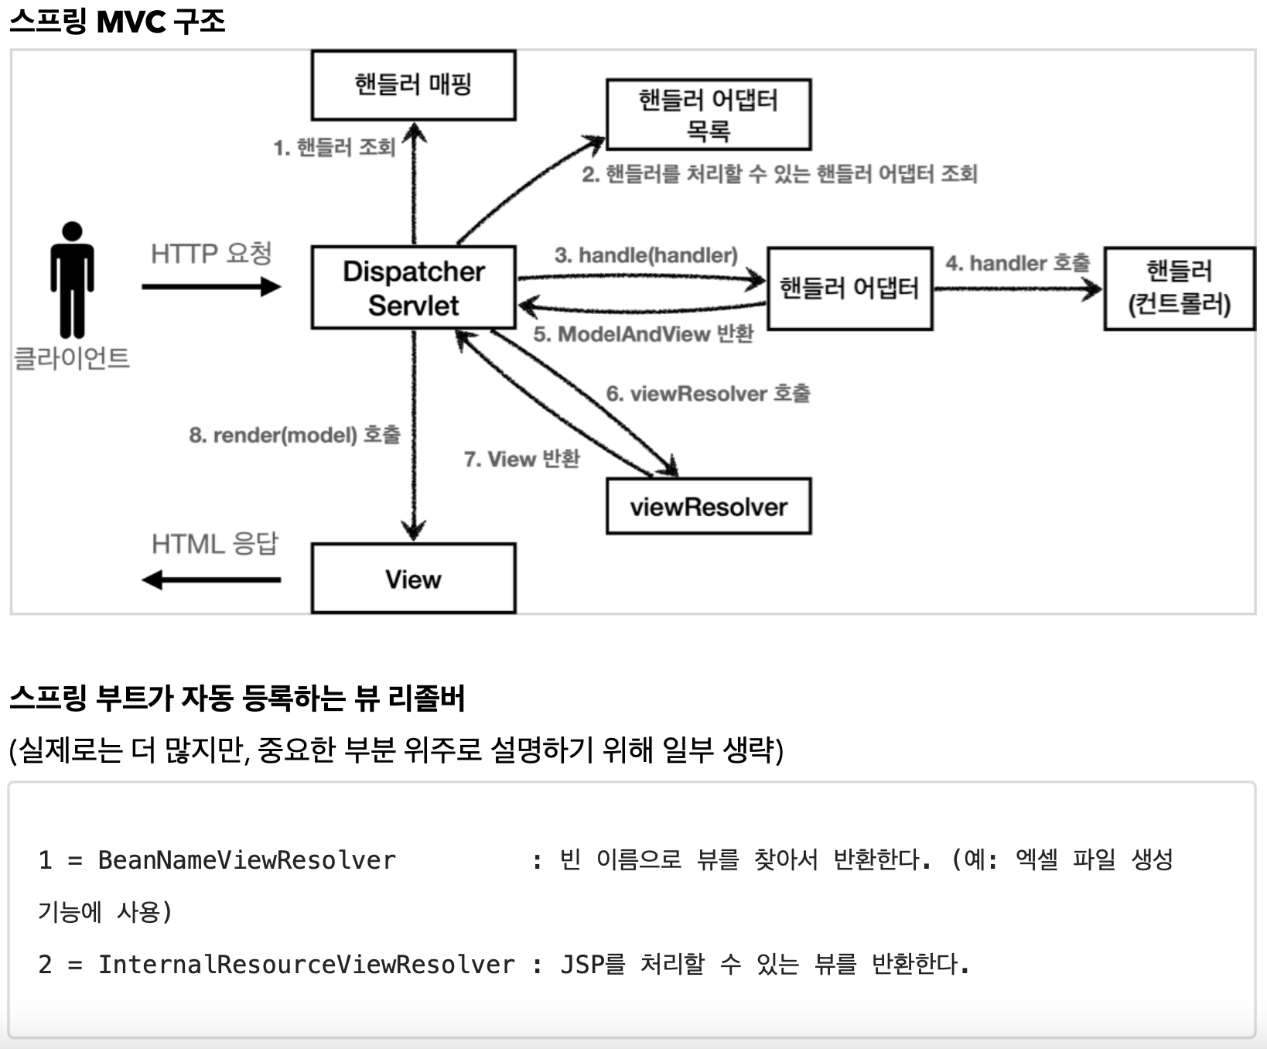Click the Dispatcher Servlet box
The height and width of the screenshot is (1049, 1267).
413,288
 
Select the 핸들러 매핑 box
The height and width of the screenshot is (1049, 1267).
413,85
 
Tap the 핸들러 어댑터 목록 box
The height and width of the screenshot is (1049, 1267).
708,114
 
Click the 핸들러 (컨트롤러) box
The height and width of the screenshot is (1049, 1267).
1179,289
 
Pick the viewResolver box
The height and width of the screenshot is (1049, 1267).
709,507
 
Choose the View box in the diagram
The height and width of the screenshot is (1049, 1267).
413,579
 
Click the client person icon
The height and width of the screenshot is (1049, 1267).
72,280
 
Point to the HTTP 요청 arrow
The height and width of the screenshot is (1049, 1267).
211,287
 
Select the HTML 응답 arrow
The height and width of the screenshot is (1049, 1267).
211,579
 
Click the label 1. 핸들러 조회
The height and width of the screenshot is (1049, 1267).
334,147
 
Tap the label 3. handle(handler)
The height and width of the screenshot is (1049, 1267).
646,255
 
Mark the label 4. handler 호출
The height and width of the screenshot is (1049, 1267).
1017,263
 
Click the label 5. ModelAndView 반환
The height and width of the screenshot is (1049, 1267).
643,334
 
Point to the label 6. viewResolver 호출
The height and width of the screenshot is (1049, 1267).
708,394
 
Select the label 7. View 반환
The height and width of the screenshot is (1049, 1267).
521,459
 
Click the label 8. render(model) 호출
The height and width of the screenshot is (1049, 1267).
295,435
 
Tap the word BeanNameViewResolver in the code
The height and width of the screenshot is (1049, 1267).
247,859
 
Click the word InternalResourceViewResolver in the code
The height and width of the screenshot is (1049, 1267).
306,965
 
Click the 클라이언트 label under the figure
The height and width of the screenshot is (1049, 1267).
72,358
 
